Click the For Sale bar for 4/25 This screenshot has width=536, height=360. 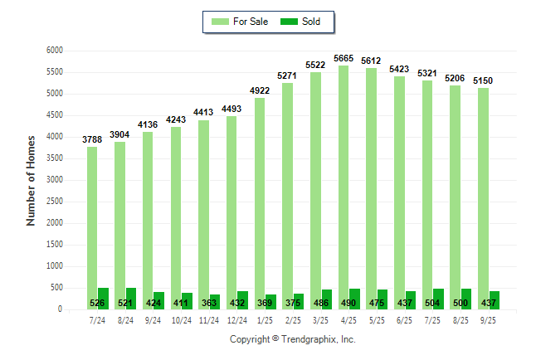[343, 187]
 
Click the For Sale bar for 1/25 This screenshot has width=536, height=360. [260, 203]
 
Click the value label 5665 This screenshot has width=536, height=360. [343, 58]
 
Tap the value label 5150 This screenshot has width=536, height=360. [483, 80]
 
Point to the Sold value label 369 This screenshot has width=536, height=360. [265, 304]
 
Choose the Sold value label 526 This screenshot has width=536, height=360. [98, 304]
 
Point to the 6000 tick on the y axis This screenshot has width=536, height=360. [55, 51]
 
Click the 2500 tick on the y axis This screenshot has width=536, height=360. [55, 202]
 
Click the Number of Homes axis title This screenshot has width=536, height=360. [31, 180]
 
